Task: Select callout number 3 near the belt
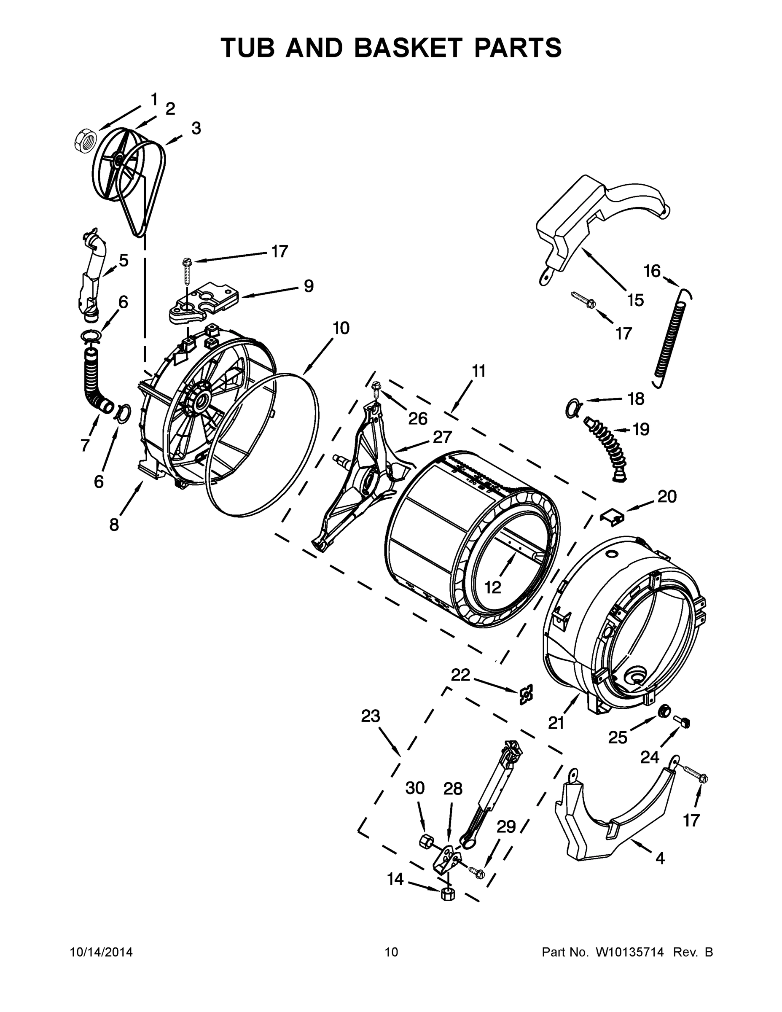pos(196,128)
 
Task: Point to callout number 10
pos(341,328)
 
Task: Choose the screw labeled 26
pos(376,386)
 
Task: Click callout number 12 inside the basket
pos(493,587)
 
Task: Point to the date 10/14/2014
pos(101,952)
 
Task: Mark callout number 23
pos(371,716)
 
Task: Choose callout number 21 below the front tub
pos(556,722)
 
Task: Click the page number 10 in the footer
pos(392,952)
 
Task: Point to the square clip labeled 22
pos(526,694)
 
